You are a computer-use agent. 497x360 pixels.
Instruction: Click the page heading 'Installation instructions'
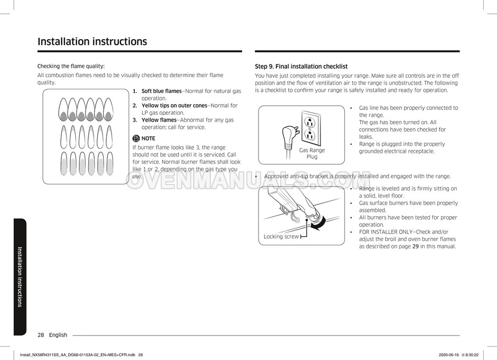[92, 42]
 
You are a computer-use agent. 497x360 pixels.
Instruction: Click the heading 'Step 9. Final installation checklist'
[301, 67]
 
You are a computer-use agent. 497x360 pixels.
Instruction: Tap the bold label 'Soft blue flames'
[161, 91]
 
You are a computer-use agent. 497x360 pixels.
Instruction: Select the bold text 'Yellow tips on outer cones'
[174, 106]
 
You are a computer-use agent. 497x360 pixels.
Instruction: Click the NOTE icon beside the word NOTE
[136, 139]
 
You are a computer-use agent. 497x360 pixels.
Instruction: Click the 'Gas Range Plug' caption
[312, 153]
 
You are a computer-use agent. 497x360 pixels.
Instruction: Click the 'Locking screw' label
[281, 237]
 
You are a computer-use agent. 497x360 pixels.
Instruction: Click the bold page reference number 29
[416, 246]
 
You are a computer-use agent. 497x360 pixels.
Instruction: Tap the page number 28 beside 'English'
[41, 335]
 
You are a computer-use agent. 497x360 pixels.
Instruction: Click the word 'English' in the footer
[58, 335]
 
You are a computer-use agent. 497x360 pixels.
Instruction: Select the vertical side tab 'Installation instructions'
[20, 276]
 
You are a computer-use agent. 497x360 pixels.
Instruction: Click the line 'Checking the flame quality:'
[71, 66]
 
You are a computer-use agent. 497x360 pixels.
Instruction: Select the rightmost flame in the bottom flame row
[108, 163]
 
